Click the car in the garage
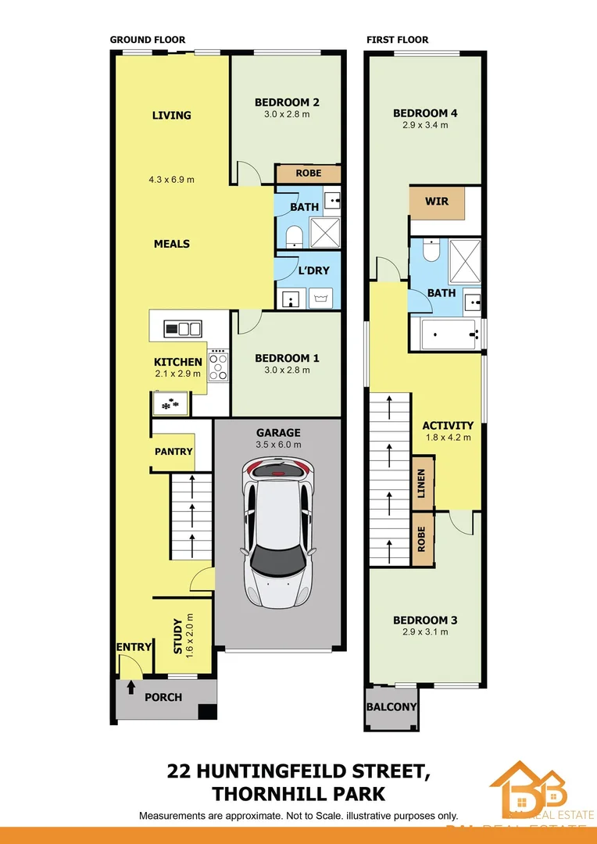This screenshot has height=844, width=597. tap(278, 535)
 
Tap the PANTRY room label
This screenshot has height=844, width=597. tap(173, 452)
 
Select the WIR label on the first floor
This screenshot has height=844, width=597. tap(437, 202)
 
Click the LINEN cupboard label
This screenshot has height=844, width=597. tap(422, 484)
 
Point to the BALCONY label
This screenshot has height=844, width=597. tap(391, 707)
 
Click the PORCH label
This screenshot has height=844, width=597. tap(163, 697)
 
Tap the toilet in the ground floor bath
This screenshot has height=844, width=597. tap(294, 236)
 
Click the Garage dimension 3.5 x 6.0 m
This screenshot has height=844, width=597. tap(278, 445)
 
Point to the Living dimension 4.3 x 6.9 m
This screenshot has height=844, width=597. tap(171, 180)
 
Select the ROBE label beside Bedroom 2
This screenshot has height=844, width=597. tap(308, 173)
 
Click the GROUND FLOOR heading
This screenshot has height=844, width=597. tap(148, 40)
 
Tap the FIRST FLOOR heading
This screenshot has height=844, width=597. tap(398, 40)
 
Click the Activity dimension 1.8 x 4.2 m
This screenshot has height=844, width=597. tap(448, 438)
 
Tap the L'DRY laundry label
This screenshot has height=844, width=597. tap(313, 271)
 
